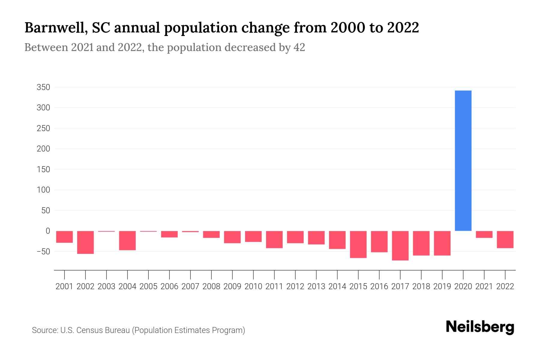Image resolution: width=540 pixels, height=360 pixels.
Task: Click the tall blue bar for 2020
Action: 463,160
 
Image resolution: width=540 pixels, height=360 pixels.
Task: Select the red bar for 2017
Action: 400,245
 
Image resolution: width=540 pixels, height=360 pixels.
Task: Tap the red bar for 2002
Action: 85,242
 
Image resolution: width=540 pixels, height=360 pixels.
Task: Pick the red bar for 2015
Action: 358,244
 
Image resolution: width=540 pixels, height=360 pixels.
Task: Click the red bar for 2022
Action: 505,239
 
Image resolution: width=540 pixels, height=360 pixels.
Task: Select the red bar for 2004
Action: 127,240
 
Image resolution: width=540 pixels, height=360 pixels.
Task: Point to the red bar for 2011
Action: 274,239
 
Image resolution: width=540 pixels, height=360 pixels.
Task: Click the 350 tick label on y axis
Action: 43,87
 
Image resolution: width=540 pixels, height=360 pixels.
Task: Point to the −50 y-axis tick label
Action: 43,251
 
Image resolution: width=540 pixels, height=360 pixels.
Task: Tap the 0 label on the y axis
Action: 47,231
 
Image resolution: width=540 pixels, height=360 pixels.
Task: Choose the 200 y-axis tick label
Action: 43,149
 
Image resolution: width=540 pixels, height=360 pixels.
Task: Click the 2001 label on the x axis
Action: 64,286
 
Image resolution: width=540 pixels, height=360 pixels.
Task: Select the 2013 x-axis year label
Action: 316,286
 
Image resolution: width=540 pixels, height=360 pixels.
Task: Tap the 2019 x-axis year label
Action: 442,286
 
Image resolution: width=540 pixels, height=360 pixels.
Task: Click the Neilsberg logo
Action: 480,327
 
